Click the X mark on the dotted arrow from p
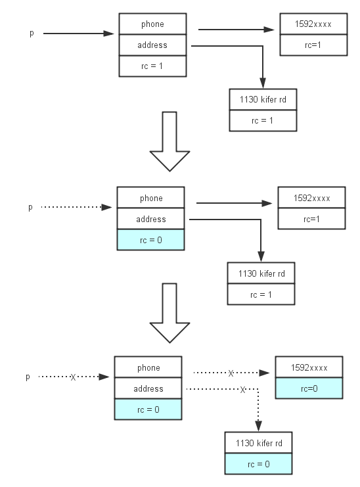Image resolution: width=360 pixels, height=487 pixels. (x=73, y=377)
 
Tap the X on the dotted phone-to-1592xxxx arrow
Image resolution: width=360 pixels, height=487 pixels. (x=231, y=373)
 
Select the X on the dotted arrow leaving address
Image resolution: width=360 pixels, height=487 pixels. (x=242, y=389)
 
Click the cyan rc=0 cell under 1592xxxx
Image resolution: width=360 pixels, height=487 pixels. (x=309, y=388)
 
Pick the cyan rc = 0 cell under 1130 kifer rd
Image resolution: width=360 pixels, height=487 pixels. (x=259, y=464)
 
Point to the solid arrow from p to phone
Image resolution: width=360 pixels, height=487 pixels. (x=79, y=34)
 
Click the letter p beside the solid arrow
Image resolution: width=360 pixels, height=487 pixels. (x=32, y=34)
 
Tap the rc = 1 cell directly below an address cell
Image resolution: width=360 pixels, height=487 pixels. (x=152, y=66)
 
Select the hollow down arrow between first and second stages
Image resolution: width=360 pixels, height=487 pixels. (x=169, y=141)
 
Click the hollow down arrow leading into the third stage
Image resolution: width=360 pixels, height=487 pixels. (x=169, y=313)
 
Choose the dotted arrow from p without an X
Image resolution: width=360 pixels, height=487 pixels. (x=76, y=207)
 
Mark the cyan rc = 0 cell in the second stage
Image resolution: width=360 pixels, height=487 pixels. (x=151, y=240)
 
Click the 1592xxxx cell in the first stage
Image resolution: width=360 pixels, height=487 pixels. (x=313, y=24)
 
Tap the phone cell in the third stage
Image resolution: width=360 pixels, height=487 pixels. (x=148, y=367)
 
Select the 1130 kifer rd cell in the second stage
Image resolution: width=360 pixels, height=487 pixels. (x=261, y=273)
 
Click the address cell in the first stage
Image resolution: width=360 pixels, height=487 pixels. (x=152, y=45)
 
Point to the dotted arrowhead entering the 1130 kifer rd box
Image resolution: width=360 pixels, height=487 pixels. (x=259, y=426)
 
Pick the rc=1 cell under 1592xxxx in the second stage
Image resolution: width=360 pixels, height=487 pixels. (x=311, y=219)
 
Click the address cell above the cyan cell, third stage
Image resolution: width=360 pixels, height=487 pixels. (x=148, y=388)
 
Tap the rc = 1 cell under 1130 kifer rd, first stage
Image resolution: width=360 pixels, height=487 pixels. (x=263, y=120)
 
